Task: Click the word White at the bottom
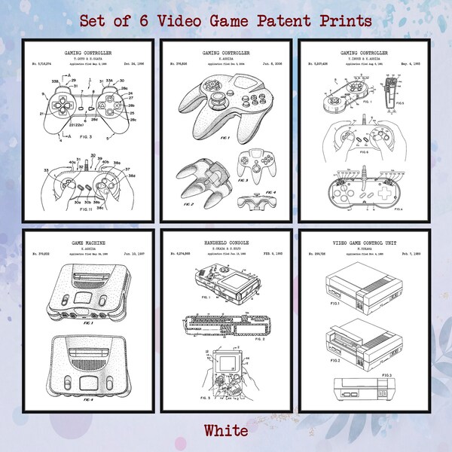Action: point(225,430)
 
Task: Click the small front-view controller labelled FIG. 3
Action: point(250,163)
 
